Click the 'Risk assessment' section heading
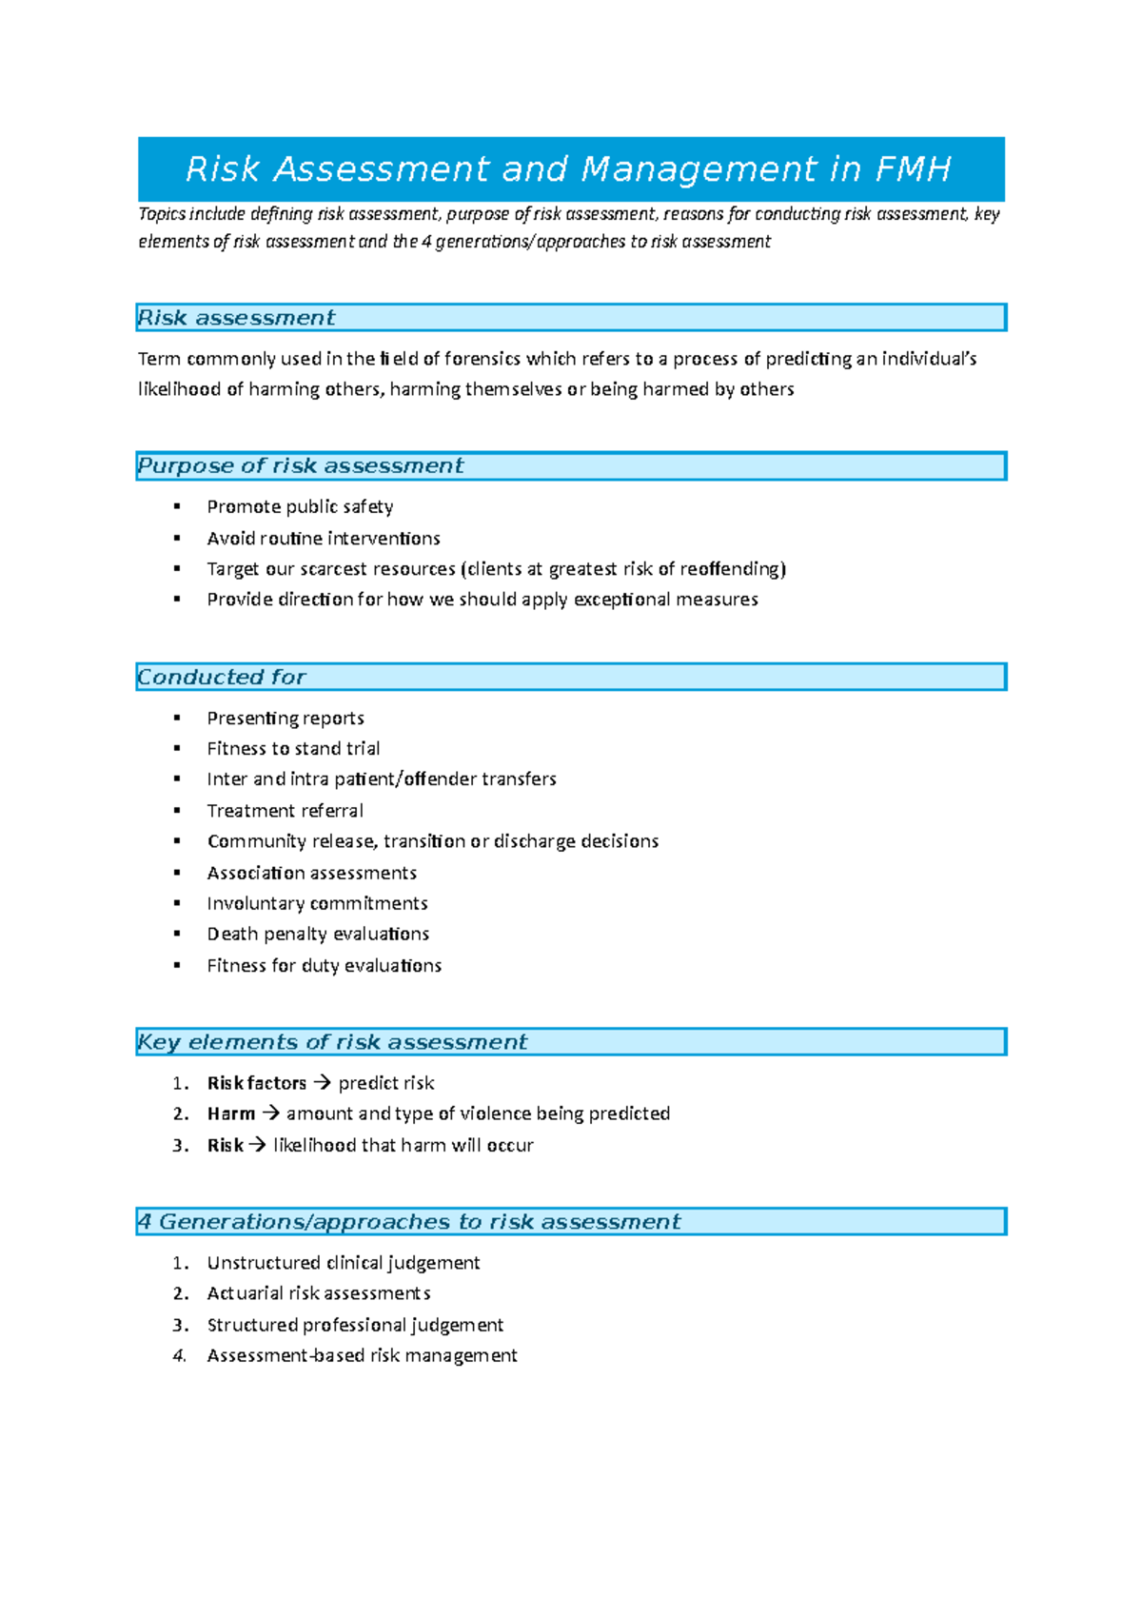pos(237,318)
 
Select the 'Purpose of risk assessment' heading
pos(301,466)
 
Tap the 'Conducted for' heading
pos(222,678)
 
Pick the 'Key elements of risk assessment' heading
pos(332,1042)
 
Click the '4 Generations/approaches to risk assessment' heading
pos(409,1222)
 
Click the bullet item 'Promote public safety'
pos(300,507)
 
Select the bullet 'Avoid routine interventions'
pos(324,539)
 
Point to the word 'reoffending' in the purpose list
pos(730,569)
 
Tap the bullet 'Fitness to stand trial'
pos(293,749)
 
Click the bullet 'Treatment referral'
pos(285,811)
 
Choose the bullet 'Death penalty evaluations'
pos(318,935)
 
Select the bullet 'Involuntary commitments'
pos(317,903)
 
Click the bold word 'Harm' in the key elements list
pos(231,1113)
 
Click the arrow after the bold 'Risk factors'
pos(322,1083)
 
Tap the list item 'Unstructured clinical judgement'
pos(343,1263)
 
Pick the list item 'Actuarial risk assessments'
pos(319,1293)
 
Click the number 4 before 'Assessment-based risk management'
pos(179,1356)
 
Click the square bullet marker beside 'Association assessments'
pos(177,873)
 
